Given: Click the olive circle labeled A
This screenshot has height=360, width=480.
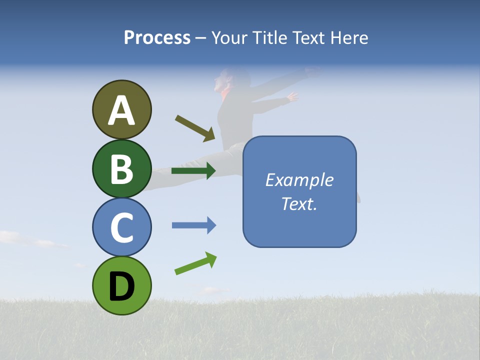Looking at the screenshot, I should tap(121, 109).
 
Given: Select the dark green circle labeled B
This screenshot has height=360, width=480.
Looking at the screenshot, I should tap(121, 168).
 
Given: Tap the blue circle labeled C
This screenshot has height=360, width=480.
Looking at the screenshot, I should tap(121, 227).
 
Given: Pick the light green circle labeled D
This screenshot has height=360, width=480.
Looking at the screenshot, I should tap(121, 285).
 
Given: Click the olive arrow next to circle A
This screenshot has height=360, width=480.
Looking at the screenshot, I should tap(195, 128).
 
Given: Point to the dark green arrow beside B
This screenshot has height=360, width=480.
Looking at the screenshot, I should tap(193, 170).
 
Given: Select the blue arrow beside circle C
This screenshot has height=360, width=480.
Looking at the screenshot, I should tap(194, 225).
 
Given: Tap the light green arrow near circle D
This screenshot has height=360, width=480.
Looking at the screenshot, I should tap(195, 263).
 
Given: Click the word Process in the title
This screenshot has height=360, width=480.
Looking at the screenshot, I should tap(157, 38).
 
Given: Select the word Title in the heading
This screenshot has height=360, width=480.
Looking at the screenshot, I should tap(268, 38).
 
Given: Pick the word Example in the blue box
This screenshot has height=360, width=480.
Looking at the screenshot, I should tap(299, 180).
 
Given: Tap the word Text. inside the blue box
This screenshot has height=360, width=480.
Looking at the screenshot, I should tap(299, 204).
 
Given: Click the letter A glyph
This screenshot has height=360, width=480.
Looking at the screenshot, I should tap(121, 110).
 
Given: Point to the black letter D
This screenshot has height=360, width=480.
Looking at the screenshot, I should tap(121, 286).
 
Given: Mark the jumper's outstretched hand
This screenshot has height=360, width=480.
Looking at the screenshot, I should tap(292, 96).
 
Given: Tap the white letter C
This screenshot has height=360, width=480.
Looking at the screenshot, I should tap(121, 228).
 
